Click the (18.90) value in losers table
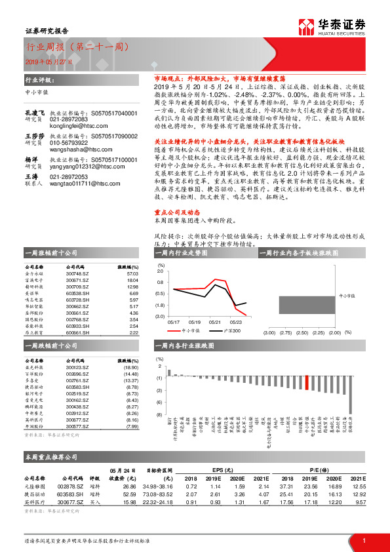[x=131, y=368]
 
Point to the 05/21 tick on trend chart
[x=216, y=322]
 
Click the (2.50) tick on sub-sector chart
[x=301, y=333]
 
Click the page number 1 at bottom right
[x=364, y=540]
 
